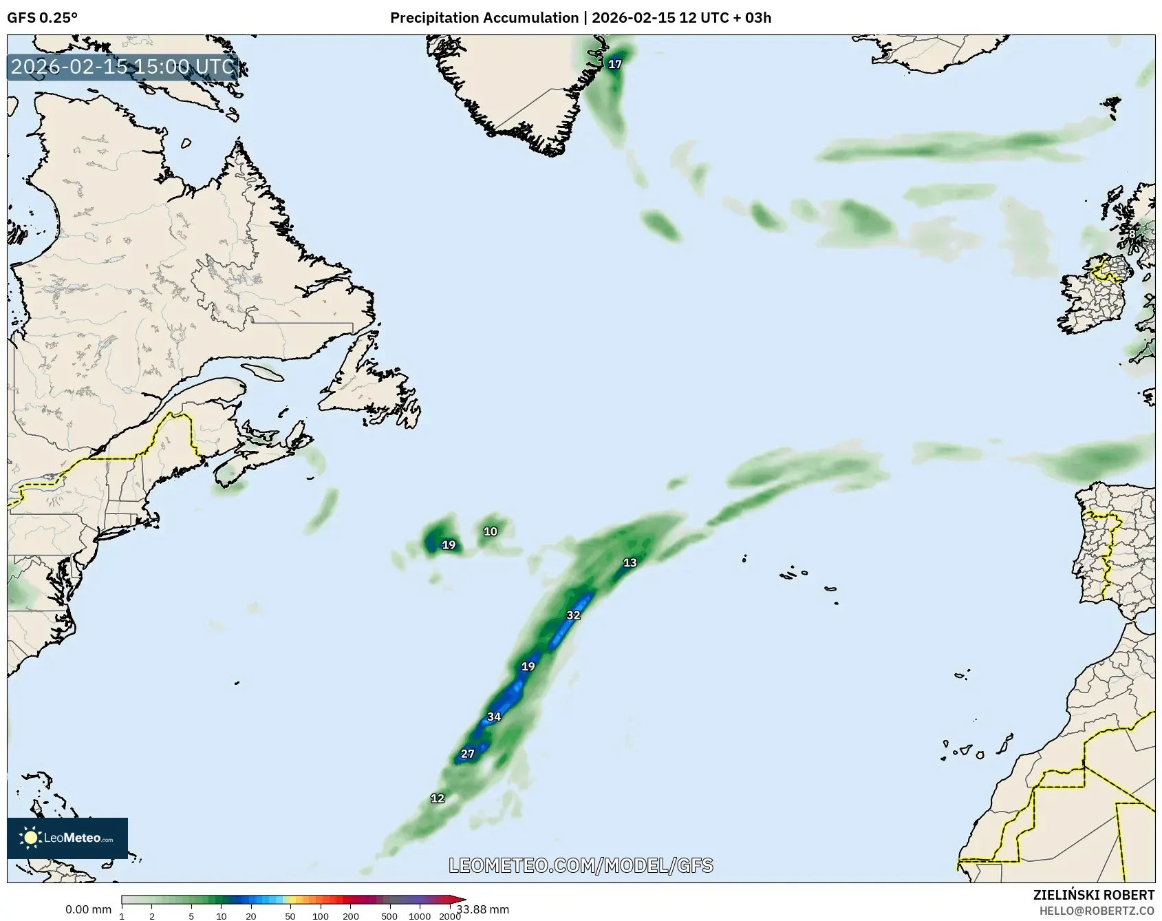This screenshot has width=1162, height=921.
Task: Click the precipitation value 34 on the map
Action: tap(494, 717)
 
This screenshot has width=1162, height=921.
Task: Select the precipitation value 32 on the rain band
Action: tap(573, 615)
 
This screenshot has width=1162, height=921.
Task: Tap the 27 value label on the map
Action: tap(468, 754)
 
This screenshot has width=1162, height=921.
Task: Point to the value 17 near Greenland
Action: tap(615, 65)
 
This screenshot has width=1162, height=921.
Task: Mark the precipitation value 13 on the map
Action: tap(630, 563)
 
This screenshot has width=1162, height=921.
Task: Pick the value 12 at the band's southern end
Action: tap(438, 798)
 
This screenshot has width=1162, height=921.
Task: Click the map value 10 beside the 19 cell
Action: tap(490, 531)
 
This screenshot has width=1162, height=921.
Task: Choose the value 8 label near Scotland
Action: tap(1132, 234)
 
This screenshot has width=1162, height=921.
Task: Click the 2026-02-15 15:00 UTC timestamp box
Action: tap(123, 67)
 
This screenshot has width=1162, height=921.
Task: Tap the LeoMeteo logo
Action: tap(67, 838)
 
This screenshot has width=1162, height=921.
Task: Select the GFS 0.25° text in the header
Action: tap(43, 18)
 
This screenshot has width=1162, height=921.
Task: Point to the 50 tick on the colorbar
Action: tap(290, 916)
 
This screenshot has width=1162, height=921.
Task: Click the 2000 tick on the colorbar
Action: tap(450, 916)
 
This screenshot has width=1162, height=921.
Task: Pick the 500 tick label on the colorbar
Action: tap(389, 916)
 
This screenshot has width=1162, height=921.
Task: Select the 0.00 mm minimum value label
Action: tap(88, 909)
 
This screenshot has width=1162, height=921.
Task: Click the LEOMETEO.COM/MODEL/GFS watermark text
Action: tap(581, 865)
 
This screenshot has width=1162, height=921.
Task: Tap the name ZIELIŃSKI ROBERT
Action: tap(1094, 895)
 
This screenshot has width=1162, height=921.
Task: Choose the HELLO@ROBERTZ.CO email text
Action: tap(1097, 910)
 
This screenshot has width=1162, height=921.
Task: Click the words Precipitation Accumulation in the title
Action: tap(484, 18)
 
